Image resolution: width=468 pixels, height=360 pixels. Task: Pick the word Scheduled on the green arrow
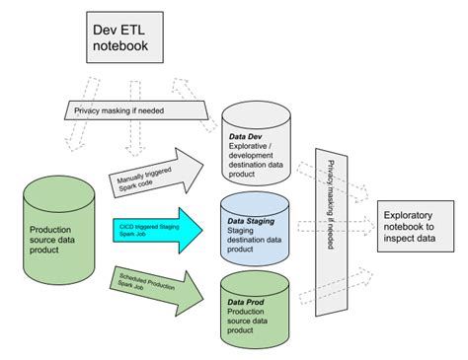tap(134, 277)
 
